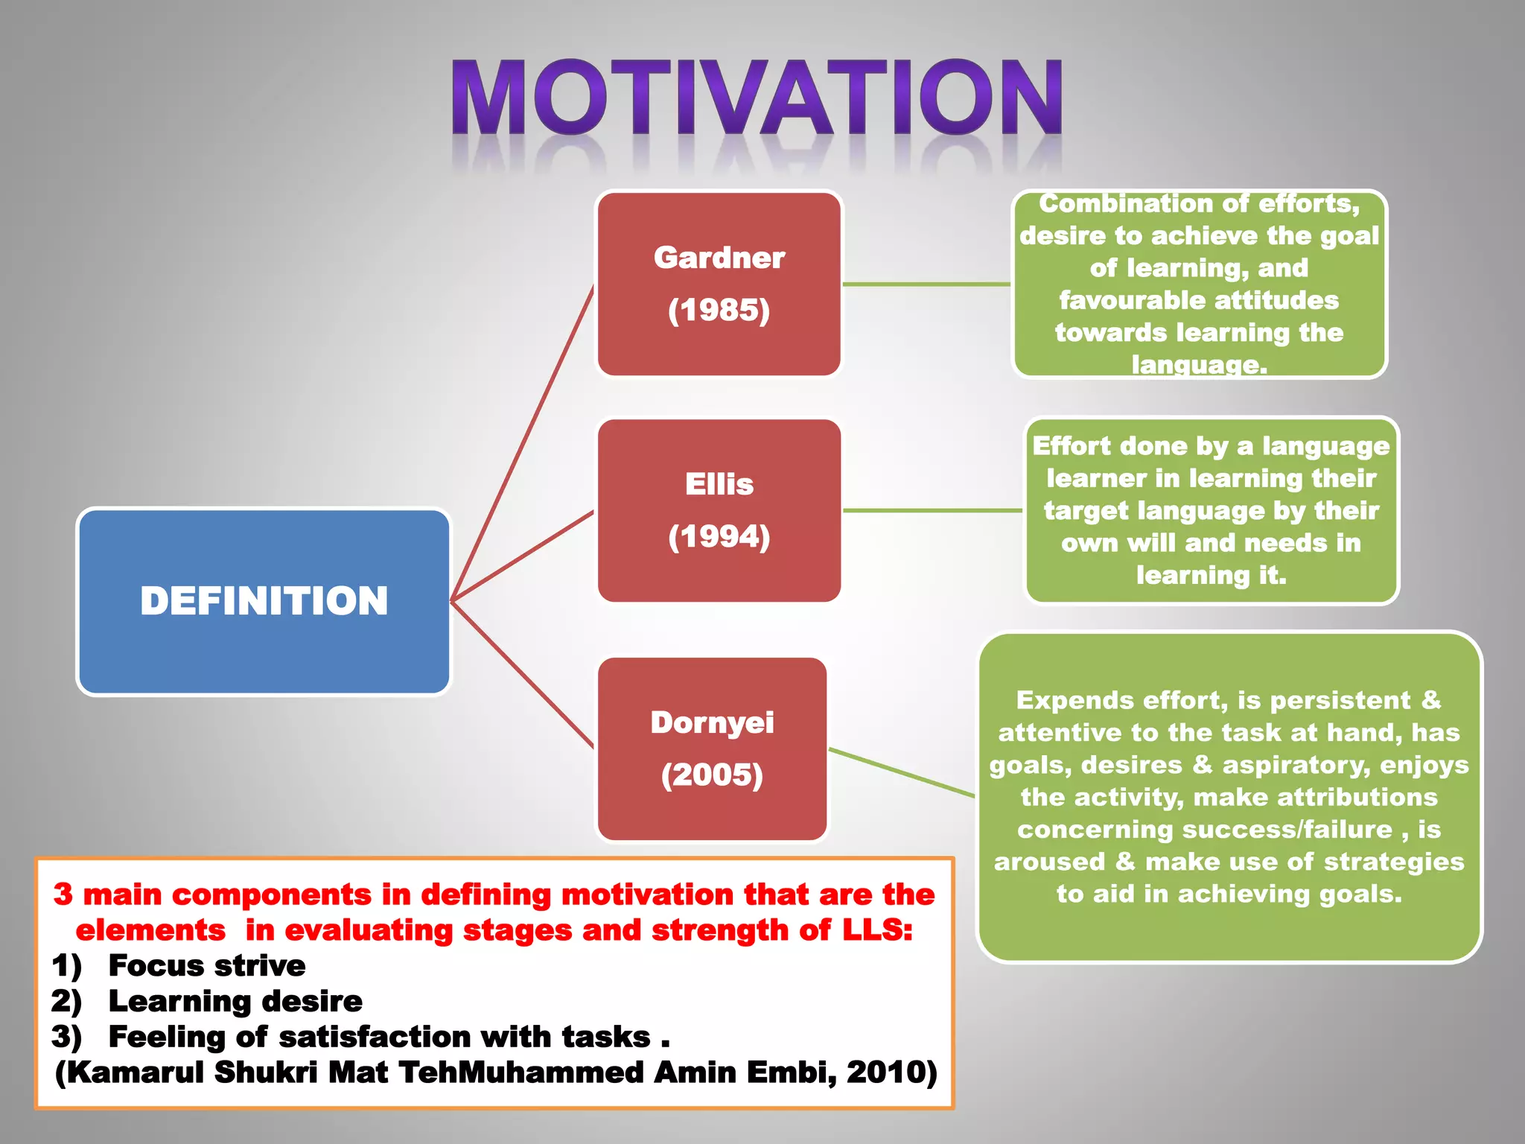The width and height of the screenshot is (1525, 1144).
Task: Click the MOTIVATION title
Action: pos(757,98)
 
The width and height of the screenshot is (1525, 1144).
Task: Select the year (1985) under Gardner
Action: pos(719,310)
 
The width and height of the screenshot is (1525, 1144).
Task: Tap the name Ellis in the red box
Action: pos(719,484)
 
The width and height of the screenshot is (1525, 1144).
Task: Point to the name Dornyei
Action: pos(712,722)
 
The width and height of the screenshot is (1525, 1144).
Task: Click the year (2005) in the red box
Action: pos(712,775)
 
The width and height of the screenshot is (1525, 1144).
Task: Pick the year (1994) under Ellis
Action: pos(719,536)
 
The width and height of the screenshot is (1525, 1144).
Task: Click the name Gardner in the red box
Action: pos(719,258)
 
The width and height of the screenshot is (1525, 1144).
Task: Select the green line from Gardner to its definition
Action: pos(926,284)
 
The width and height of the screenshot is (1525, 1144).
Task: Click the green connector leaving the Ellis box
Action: pos(932,510)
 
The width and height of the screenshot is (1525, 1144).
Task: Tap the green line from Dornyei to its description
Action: pos(901,772)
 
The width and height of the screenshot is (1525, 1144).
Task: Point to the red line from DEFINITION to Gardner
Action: pos(521,443)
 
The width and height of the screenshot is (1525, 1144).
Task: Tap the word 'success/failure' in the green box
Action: pos(1205,830)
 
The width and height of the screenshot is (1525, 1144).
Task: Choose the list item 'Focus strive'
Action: pos(207,965)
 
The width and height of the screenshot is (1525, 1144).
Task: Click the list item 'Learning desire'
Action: pos(235,1001)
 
